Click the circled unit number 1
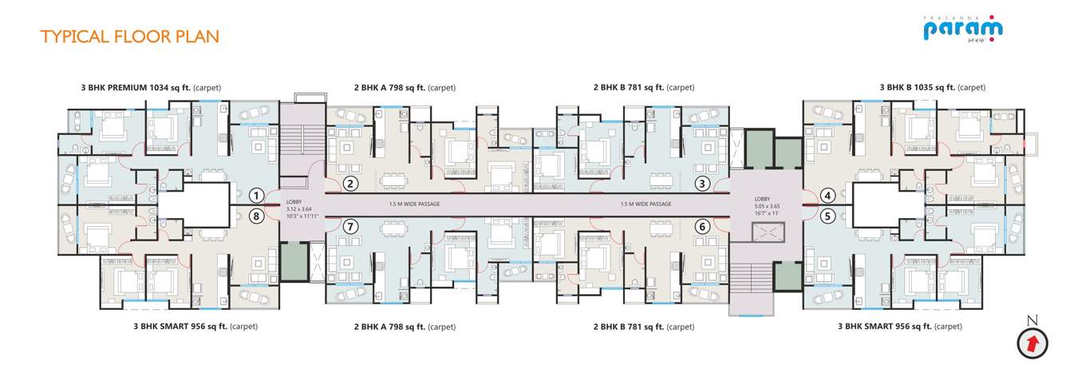(256, 195)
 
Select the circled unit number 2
(350, 185)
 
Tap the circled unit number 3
(702, 185)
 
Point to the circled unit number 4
(827, 195)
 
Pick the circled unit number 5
(827, 214)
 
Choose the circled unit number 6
(702, 226)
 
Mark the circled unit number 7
(350, 226)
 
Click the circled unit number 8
(256, 214)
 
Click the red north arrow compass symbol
(1032, 343)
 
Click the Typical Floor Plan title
(129, 37)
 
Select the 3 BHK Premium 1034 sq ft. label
(151, 87)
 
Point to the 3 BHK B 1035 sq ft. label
(932, 87)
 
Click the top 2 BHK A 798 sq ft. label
(405, 87)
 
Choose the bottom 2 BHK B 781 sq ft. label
(643, 327)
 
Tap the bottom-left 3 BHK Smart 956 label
(195, 327)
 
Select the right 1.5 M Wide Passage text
(646, 204)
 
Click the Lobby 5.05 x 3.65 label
(766, 204)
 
